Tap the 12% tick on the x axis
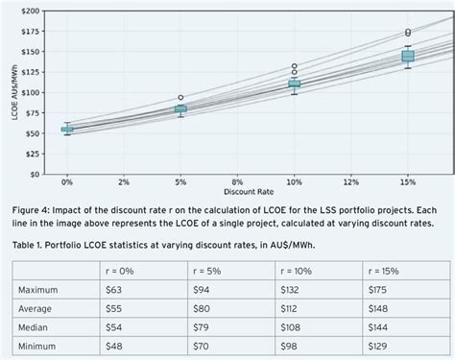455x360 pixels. click(350, 180)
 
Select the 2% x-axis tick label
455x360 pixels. click(124, 180)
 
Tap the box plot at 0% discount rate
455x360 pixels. click(67, 129)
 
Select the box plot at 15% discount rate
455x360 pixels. click(408, 57)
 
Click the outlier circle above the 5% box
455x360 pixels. click(180, 98)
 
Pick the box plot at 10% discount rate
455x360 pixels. click(295, 84)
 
